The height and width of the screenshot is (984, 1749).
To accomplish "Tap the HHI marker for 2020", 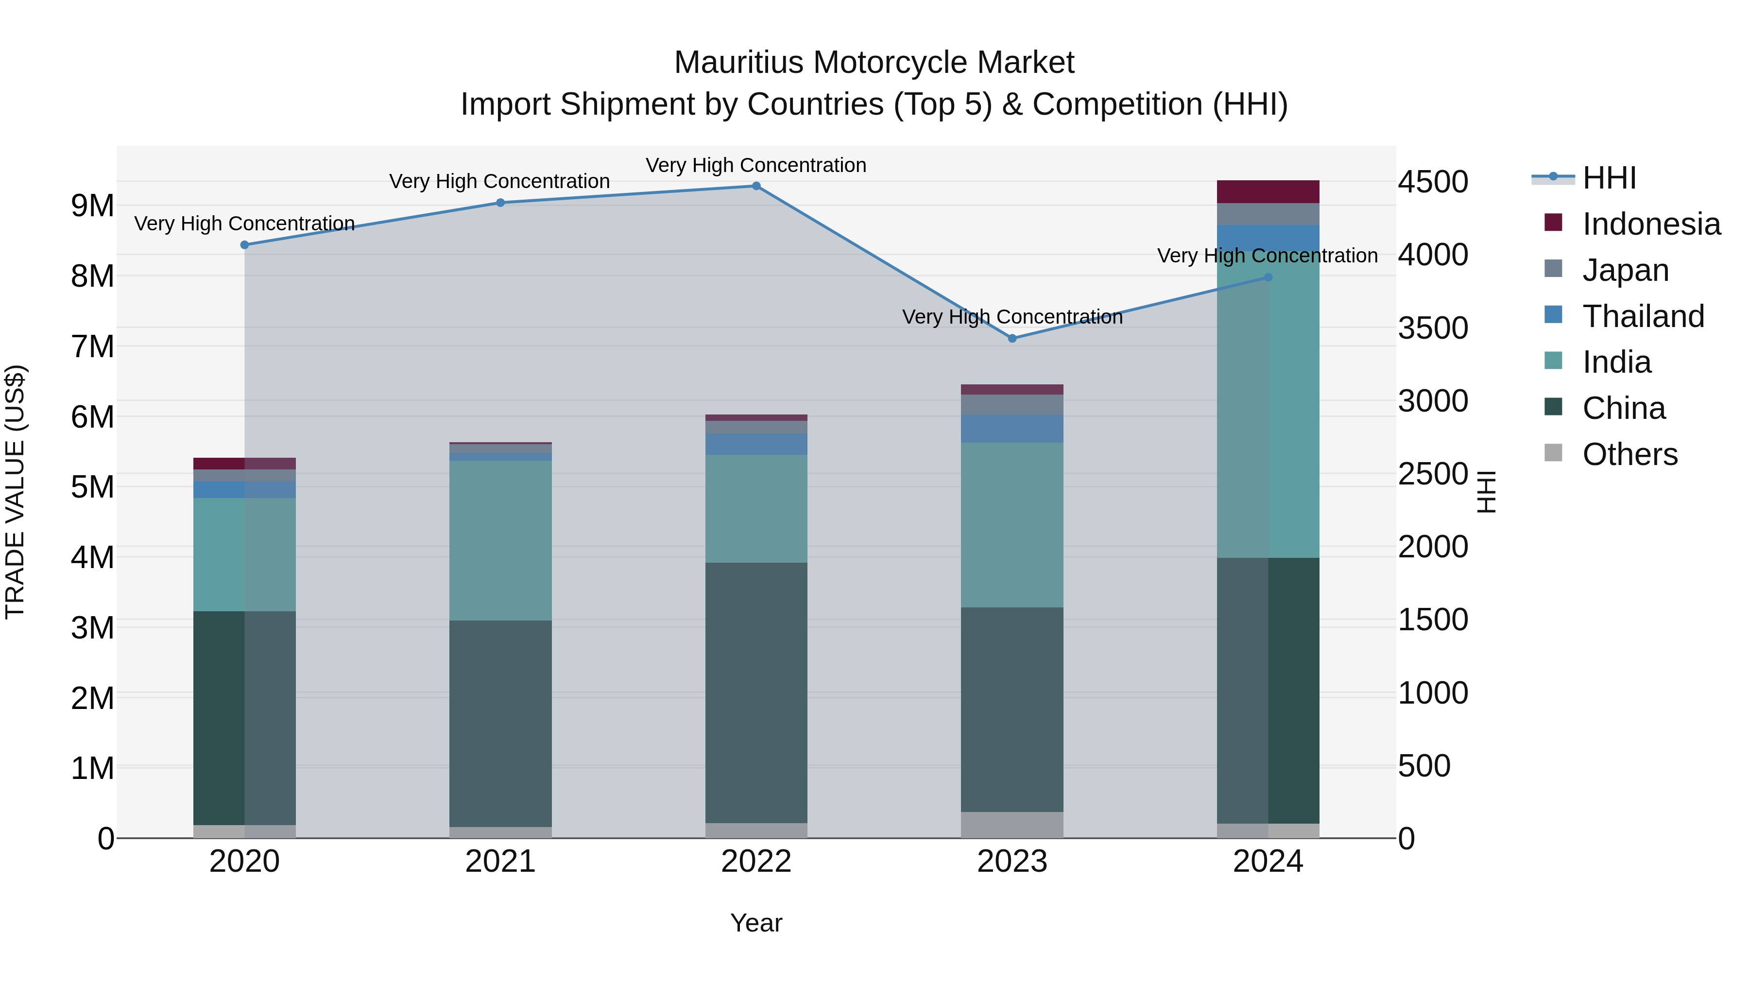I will (244, 245).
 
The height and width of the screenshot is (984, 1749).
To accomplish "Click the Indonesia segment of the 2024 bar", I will (1268, 191).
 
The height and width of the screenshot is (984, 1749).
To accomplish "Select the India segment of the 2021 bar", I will (500, 540).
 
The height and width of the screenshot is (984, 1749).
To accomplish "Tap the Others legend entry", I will (1629, 454).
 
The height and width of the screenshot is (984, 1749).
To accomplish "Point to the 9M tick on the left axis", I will (92, 206).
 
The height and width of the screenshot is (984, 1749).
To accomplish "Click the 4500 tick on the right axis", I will (1433, 182).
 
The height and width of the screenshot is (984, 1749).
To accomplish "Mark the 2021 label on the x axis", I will (500, 862).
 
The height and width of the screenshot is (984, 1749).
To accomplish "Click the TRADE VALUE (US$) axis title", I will (15, 492).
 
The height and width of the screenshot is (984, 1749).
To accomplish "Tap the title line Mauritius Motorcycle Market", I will (874, 63).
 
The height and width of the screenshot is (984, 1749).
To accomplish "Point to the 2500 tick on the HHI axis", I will (1433, 474).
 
